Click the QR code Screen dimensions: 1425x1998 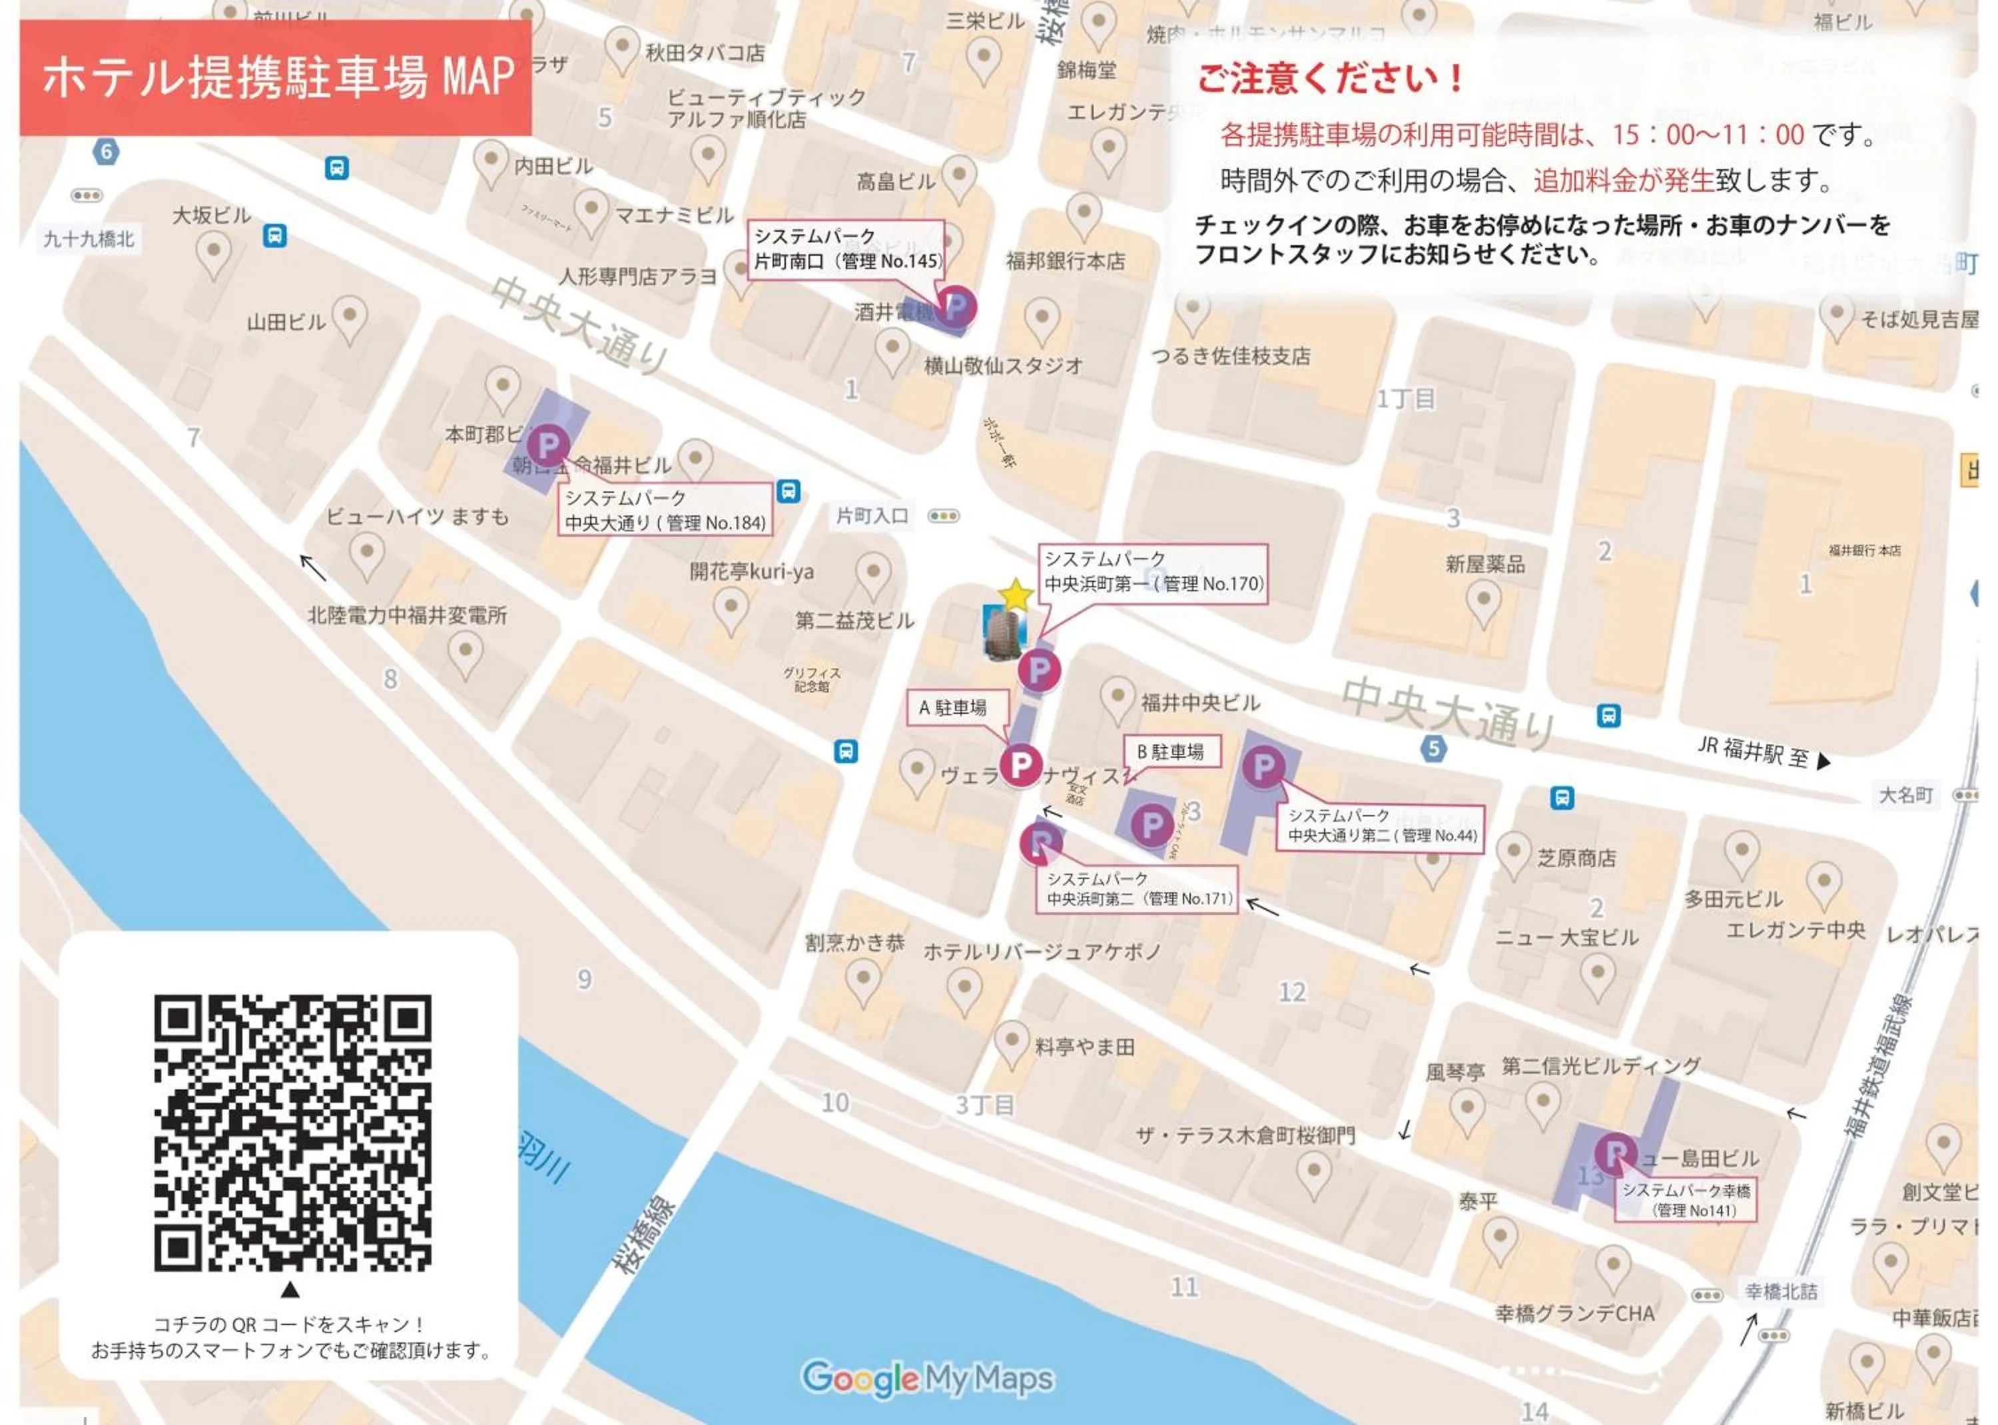coord(292,1132)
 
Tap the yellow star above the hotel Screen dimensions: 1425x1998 coord(1015,596)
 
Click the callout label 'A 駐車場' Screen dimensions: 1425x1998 coord(956,707)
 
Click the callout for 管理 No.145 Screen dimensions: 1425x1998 coord(846,249)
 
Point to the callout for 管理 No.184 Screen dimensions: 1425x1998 coord(665,510)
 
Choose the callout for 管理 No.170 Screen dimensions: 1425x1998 coord(1153,571)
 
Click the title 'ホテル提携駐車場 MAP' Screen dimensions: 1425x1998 coord(276,77)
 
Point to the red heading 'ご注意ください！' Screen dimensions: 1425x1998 coord(1330,78)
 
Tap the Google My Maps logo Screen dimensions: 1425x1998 coord(928,1378)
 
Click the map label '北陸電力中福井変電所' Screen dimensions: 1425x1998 coord(407,615)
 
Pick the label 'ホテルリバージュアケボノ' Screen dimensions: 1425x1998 coord(1042,950)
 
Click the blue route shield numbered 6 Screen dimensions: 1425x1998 coord(106,151)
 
